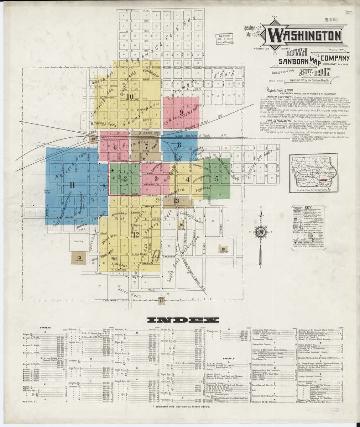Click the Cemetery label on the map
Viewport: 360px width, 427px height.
[78, 242]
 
